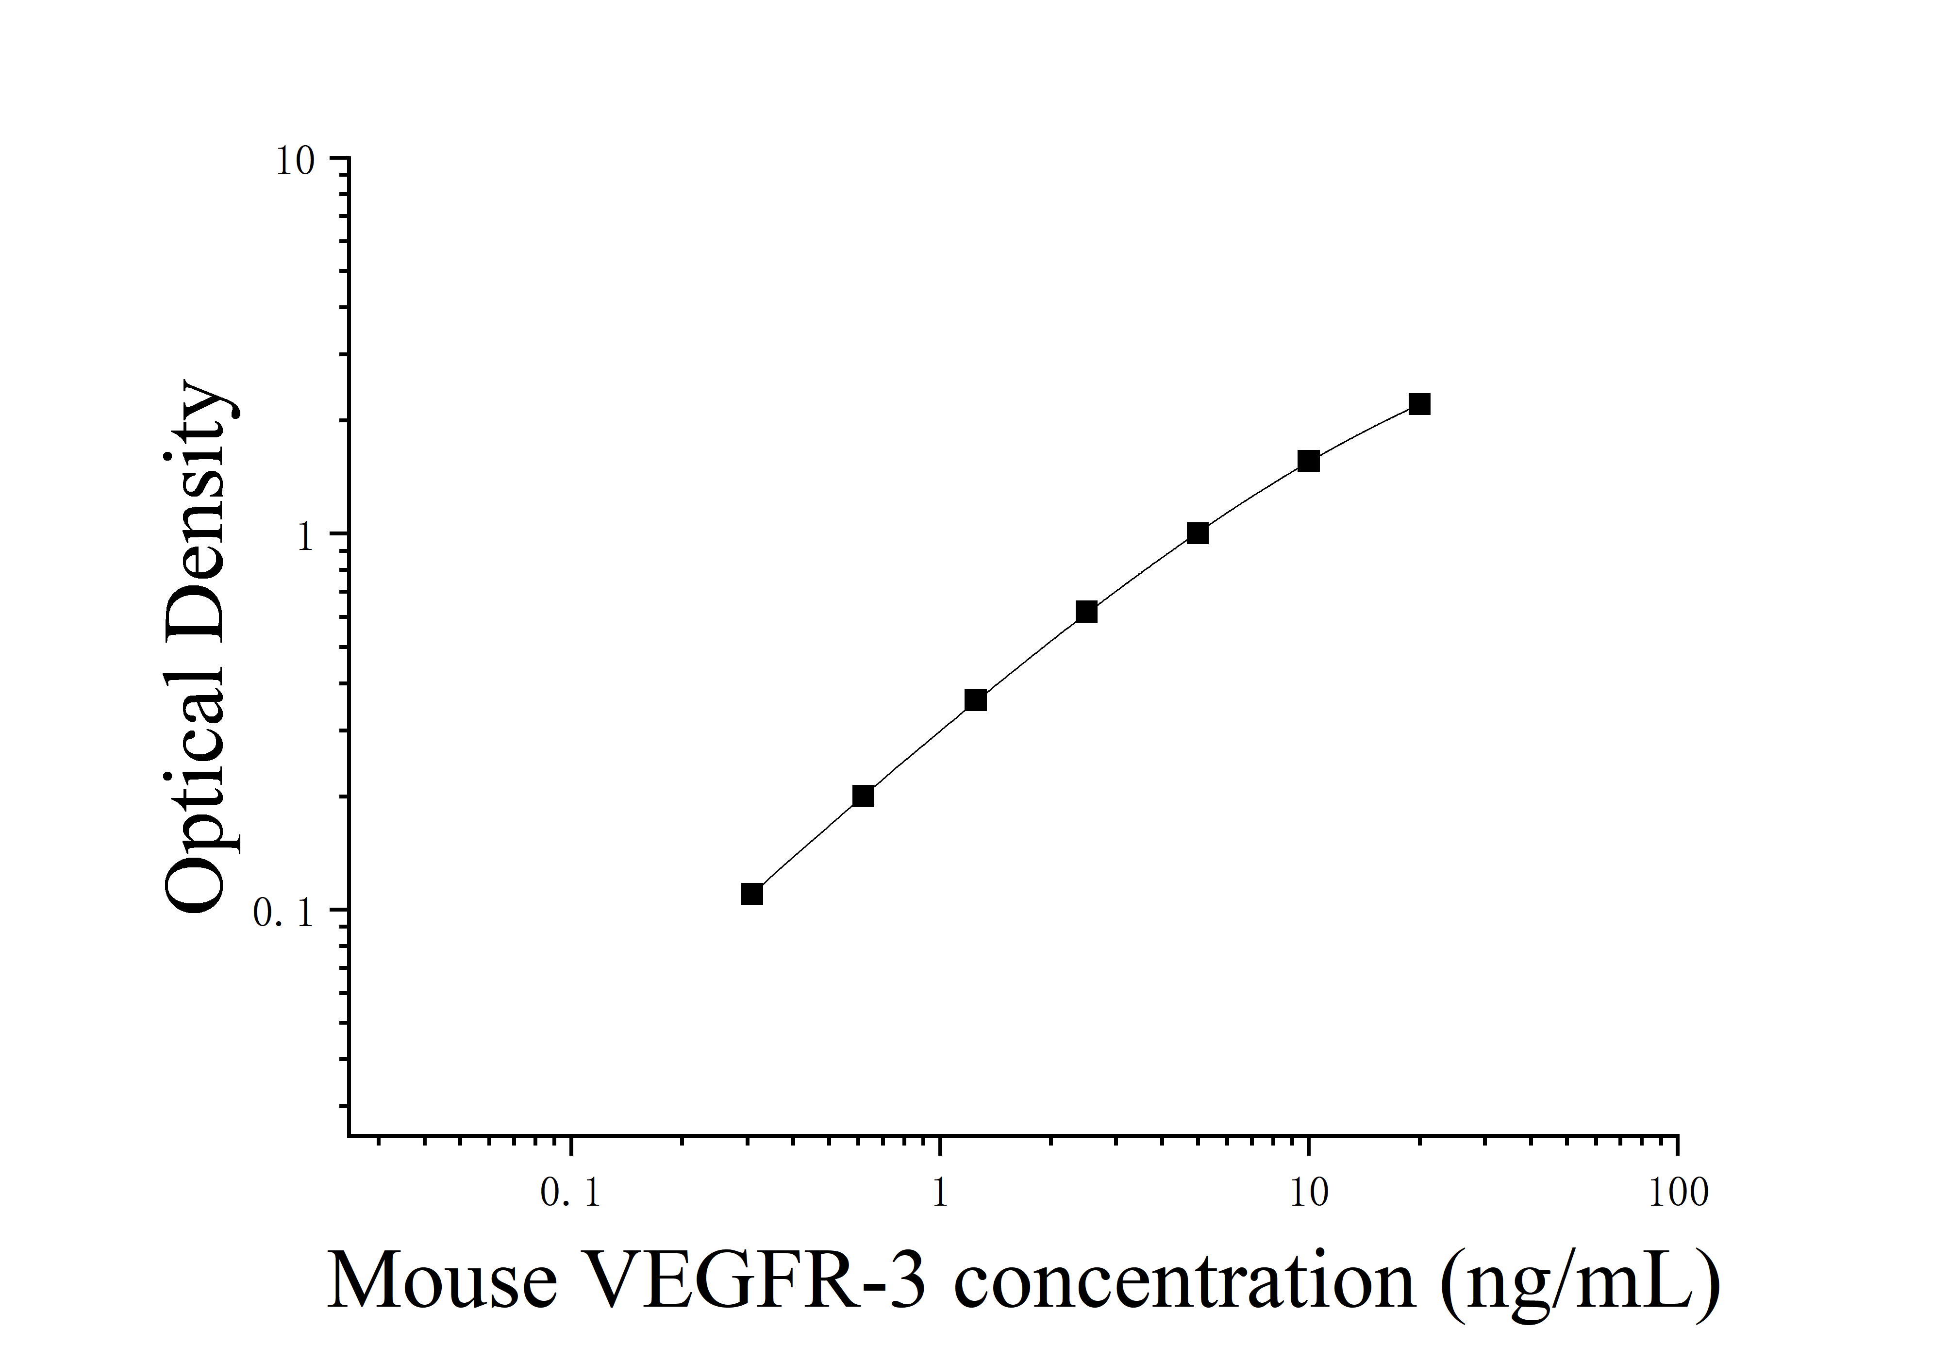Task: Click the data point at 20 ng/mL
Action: (1419, 404)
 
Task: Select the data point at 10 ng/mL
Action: (1308, 461)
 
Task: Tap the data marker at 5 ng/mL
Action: (1198, 533)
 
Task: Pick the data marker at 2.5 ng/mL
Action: (1086, 612)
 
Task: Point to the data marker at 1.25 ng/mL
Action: (976, 700)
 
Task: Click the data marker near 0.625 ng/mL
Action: (863, 796)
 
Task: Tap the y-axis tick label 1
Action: (306, 537)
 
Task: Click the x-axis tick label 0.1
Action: (570, 1194)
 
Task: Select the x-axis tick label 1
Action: (940, 1194)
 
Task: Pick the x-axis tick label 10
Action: (1309, 1194)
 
